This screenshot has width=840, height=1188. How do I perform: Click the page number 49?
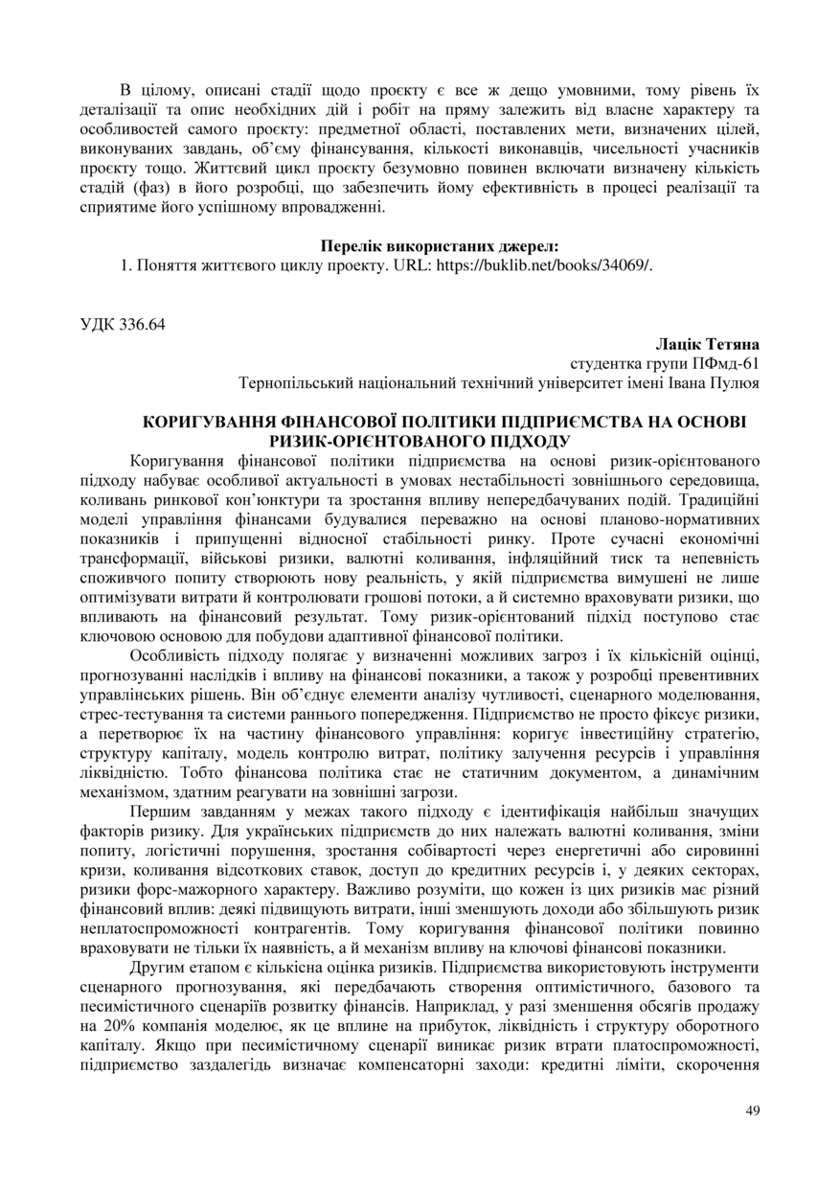tap(752, 1110)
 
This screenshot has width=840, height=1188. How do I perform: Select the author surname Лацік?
tap(678, 343)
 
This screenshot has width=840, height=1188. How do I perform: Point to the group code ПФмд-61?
tap(720, 363)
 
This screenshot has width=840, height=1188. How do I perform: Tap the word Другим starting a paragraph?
tap(157, 970)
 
